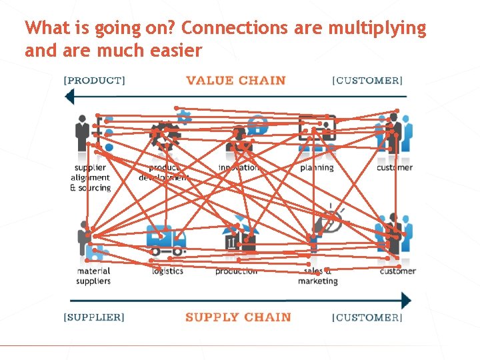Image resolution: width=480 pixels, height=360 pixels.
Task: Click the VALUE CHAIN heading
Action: pos(235,81)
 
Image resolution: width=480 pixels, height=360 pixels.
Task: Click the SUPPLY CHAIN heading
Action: pos(238,317)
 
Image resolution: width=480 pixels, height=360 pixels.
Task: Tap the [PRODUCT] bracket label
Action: pos(94,81)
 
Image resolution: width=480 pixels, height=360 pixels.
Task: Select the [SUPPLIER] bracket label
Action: pos(94,317)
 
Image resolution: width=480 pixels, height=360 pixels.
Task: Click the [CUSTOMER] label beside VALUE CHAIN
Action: pos(367,81)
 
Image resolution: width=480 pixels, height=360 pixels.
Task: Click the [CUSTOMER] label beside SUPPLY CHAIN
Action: pos(367,317)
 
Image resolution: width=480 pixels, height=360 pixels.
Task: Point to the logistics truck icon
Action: pos(165,241)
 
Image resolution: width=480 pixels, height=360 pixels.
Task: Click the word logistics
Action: pos(167,271)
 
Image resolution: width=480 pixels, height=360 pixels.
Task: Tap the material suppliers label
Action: pos(93,276)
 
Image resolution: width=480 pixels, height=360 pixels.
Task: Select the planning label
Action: pos(317,167)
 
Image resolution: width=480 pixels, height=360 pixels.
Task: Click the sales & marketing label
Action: pos(318,276)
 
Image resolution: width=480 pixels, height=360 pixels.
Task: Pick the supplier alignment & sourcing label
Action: pos(90,177)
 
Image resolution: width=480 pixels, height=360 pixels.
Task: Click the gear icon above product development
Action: pos(165,135)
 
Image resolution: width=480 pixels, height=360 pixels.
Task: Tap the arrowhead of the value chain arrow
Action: pos(69,97)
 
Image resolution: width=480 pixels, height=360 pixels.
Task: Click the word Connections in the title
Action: pos(233,28)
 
